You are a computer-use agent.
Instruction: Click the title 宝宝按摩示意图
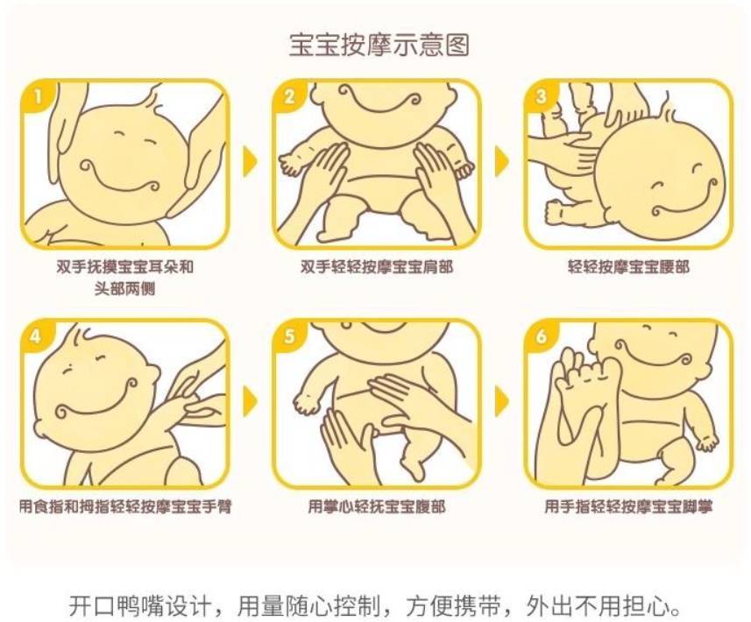[x=379, y=45]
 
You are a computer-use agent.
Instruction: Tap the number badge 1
[x=38, y=96]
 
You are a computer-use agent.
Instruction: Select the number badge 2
[x=289, y=96]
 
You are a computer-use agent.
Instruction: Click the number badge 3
[x=541, y=96]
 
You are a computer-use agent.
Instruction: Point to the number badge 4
[x=37, y=336]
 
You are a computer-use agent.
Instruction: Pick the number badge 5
[x=289, y=336]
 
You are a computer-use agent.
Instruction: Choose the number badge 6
[x=541, y=336]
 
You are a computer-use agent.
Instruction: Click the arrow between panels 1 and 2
[x=250, y=161]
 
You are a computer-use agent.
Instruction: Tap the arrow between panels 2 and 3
[x=501, y=161]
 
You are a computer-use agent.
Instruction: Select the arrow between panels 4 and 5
[x=250, y=400]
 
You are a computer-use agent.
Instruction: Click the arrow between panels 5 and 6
[x=501, y=400]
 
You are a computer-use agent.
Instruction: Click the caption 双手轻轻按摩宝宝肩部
[x=377, y=266]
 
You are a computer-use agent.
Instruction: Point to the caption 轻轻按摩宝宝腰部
[x=628, y=266]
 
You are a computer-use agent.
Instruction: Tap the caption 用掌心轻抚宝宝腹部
[x=377, y=506]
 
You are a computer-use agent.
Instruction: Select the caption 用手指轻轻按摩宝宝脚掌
[x=628, y=506]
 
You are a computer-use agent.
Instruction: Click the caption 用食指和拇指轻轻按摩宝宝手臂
[x=125, y=506]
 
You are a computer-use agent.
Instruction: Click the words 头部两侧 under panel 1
[x=125, y=289]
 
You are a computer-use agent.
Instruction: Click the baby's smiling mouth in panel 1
[x=125, y=178]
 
